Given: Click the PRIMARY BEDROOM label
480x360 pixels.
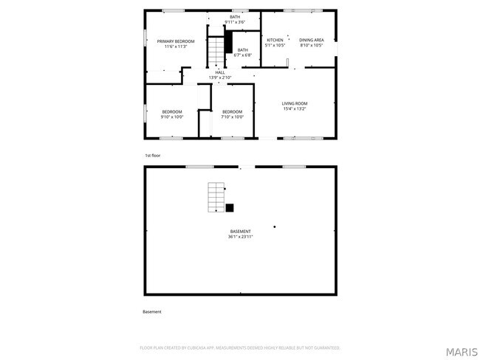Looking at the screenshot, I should coord(176,41).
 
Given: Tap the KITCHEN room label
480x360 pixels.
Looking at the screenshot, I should coord(275,40).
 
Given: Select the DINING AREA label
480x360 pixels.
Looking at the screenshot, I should coord(311,40).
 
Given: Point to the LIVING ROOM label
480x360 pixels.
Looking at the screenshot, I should coord(295,103).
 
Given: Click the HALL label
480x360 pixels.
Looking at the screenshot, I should coord(220,72).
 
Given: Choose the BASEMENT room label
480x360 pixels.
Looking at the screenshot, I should coord(240,232).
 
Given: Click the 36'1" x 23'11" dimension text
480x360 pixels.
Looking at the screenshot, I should coord(240,237).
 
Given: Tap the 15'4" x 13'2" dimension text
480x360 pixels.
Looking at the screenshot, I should coord(295,108).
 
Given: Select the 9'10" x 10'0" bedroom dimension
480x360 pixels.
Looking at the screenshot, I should coord(172,117).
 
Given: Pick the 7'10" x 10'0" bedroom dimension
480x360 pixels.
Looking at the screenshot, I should coord(233,117).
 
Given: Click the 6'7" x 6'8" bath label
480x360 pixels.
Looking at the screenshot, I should coord(242,55).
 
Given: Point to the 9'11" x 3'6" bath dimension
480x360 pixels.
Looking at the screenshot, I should coord(235,22).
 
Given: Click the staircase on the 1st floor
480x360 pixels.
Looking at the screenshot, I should coord(214,52).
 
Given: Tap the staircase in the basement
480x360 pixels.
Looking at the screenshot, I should coord(216,197).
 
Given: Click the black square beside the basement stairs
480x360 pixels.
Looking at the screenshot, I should coord(230,208).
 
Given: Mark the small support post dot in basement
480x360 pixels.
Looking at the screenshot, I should coord(275,226).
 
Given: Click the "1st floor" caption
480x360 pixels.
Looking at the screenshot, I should coord(152,156).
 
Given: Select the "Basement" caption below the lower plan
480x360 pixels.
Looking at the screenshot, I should coord(152,312).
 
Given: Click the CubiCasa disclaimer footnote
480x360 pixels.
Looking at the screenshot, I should coord(240,347).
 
